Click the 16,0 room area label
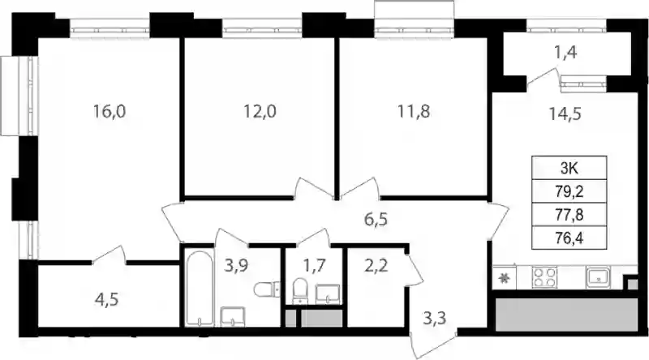[110, 111]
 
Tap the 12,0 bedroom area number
[260, 111]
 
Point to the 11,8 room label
[414, 111]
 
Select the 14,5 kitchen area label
[565, 114]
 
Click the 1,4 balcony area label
[565, 53]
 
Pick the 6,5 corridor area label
[376, 218]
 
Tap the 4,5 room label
[106, 299]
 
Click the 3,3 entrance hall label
[435, 318]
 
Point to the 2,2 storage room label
[376, 265]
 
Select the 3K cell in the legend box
[569, 168]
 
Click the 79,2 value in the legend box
[569, 191]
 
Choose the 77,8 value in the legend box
[569, 215]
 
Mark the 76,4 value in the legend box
[569, 238]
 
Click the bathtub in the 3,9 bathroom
[198, 289]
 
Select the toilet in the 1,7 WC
[300, 291]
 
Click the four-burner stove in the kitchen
[544, 277]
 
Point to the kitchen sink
[598, 277]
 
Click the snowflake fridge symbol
[504, 278]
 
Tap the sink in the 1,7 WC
[328, 294]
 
